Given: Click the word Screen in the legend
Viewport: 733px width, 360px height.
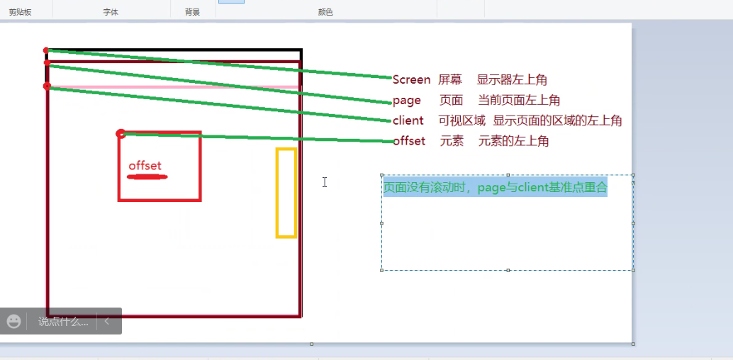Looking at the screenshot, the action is [x=411, y=80].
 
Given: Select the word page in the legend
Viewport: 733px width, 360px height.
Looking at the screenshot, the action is [x=407, y=101].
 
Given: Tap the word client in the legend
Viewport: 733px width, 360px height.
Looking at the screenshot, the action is [x=408, y=120].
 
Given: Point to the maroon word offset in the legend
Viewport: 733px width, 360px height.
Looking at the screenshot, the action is [x=409, y=141].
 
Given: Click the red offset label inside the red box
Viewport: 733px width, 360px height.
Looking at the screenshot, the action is [x=145, y=166].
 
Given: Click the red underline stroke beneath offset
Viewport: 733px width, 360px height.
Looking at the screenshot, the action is [x=147, y=176].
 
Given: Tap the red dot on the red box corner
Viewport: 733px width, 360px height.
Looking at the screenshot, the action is [x=121, y=133].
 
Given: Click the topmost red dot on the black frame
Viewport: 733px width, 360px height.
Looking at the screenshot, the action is [x=46, y=50].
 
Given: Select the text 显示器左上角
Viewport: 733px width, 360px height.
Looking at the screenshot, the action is [x=512, y=80].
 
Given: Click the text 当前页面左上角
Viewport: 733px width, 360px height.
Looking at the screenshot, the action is [x=520, y=101].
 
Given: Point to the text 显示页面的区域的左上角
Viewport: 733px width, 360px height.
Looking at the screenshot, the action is [x=558, y=120].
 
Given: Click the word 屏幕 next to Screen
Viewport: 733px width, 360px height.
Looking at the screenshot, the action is [x=450, y=80].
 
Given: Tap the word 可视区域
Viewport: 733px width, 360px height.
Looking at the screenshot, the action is [x=461, y=120].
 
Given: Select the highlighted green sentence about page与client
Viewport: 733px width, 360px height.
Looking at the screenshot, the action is [x=496, y=187].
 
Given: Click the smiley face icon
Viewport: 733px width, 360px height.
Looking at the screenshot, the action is [x=13, y=321].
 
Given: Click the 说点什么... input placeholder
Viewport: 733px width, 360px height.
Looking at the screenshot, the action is [x=63, y=322].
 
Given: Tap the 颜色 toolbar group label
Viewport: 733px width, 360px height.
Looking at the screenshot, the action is [x=325, y=12].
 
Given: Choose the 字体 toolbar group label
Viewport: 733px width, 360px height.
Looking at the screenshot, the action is [x=111, y=12].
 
